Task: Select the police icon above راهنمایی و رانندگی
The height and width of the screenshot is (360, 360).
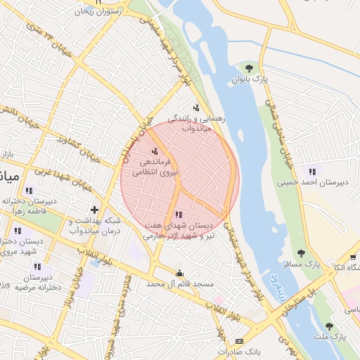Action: [196, 108]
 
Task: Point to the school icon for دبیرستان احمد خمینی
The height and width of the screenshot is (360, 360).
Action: [312, 172]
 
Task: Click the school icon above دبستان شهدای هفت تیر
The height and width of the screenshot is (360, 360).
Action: [178, 214]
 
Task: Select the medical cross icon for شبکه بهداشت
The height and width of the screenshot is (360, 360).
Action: [94, 210]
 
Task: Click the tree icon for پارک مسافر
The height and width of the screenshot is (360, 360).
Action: [302, 253]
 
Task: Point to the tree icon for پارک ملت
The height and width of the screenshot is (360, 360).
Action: [329, 326]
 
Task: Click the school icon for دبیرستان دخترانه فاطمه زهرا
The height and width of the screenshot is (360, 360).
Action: [28, 191]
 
